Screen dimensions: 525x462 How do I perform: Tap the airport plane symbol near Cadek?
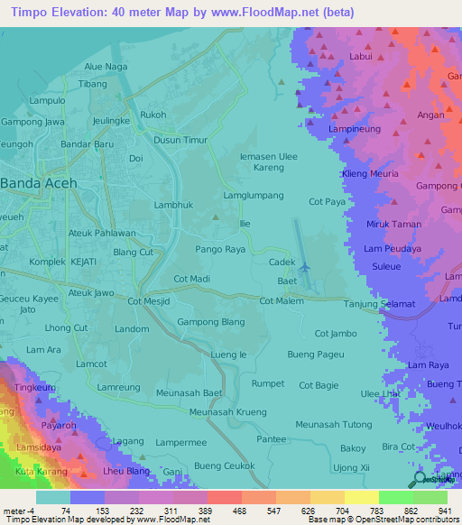click(304, 267)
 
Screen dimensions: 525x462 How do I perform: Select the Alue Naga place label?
click(106, 67)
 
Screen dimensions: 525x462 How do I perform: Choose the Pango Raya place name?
click(221, 248)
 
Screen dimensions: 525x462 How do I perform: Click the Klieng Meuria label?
click(370, 174)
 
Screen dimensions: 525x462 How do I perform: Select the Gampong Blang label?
click(211, 322)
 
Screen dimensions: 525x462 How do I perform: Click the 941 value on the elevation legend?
click(445, 510)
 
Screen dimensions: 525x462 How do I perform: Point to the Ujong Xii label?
click(353, 467)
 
